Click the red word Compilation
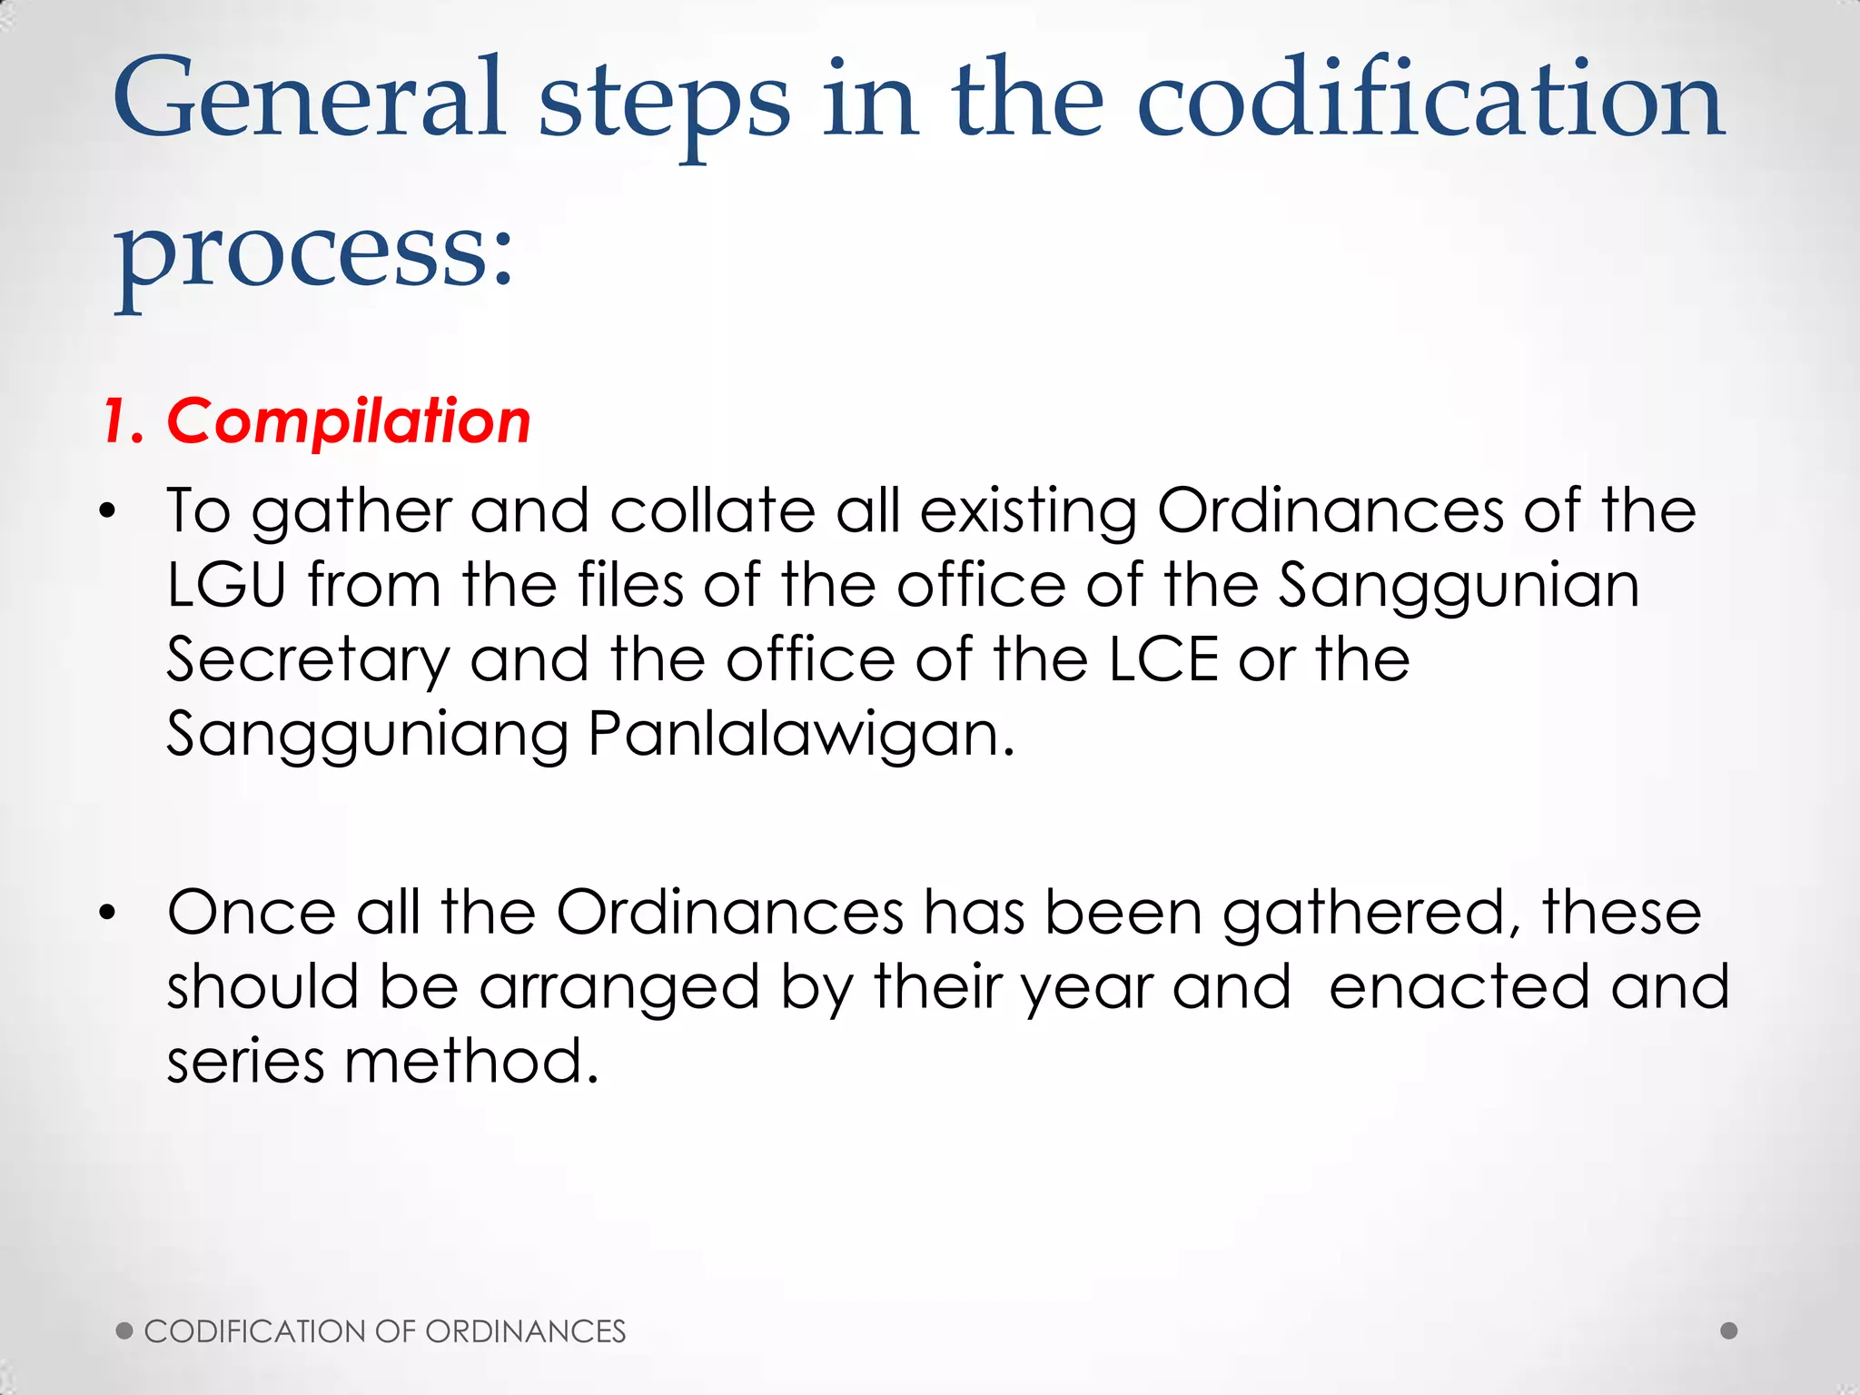(x=349, y=421)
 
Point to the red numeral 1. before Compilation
(x=124, y=421)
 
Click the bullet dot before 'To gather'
(x=108, y=512)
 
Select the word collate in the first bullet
(x=713, y=510)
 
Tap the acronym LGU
(x=227, y=585)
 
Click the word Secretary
(x=309, y=661)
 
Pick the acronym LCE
(x=1163, y=659)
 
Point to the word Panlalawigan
(x=801, y=734)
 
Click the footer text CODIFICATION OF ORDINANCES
(x=385, y=1331)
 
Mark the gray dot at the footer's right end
(x=1729, y=1331)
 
